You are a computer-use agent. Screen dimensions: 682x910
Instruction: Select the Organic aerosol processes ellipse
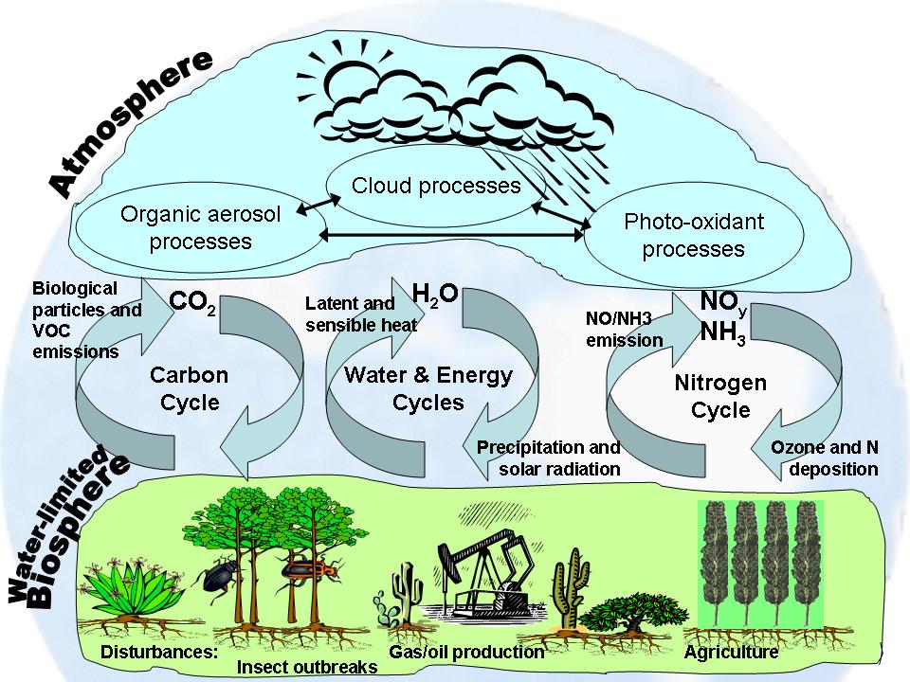point(200,227)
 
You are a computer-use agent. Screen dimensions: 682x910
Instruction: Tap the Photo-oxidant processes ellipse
point(693,236)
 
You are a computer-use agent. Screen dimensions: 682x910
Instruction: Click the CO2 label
point(193,303)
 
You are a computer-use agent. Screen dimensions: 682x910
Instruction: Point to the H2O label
point(436,294)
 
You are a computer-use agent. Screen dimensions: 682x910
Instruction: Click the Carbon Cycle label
point(189,388)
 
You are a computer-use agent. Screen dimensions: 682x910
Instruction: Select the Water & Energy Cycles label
point(428,388)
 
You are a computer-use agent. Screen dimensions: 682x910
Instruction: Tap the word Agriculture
point(731,653)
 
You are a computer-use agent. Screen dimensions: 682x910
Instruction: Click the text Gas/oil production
point(466,653)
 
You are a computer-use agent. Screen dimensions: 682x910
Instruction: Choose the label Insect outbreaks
point(306,667)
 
